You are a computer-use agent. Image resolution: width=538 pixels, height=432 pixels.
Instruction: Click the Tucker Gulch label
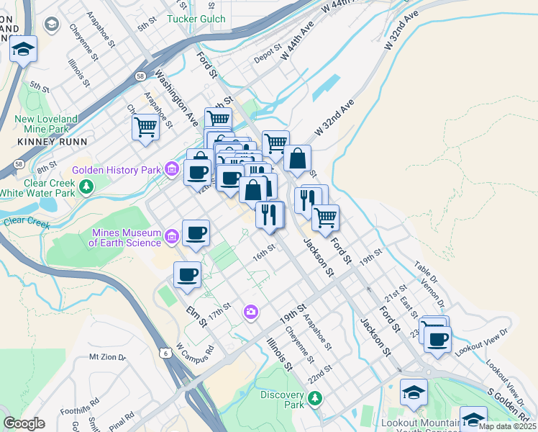[x=196, y=19]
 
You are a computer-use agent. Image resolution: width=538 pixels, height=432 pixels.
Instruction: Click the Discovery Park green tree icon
[x=314, y=397]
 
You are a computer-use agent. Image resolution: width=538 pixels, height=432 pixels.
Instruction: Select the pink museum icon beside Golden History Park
[x=171, y=170]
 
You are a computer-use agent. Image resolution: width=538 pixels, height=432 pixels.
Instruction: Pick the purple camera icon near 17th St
[x=251, y=312]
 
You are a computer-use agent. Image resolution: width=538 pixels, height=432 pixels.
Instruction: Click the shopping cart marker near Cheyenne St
[x=145, y=127]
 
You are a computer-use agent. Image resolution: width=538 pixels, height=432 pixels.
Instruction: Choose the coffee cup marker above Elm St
[x=187, y=274]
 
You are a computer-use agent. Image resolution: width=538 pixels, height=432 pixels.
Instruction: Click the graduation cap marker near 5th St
[x=23, y=49]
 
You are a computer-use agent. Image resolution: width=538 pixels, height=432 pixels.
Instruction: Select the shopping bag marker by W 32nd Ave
[x=296, y=158]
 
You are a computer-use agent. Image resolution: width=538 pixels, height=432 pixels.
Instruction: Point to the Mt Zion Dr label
[x=107, y=356]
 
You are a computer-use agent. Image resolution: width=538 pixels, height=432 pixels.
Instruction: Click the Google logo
[x=24, y=424]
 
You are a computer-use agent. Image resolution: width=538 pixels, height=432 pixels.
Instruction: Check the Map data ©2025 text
[x=508, y=426]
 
